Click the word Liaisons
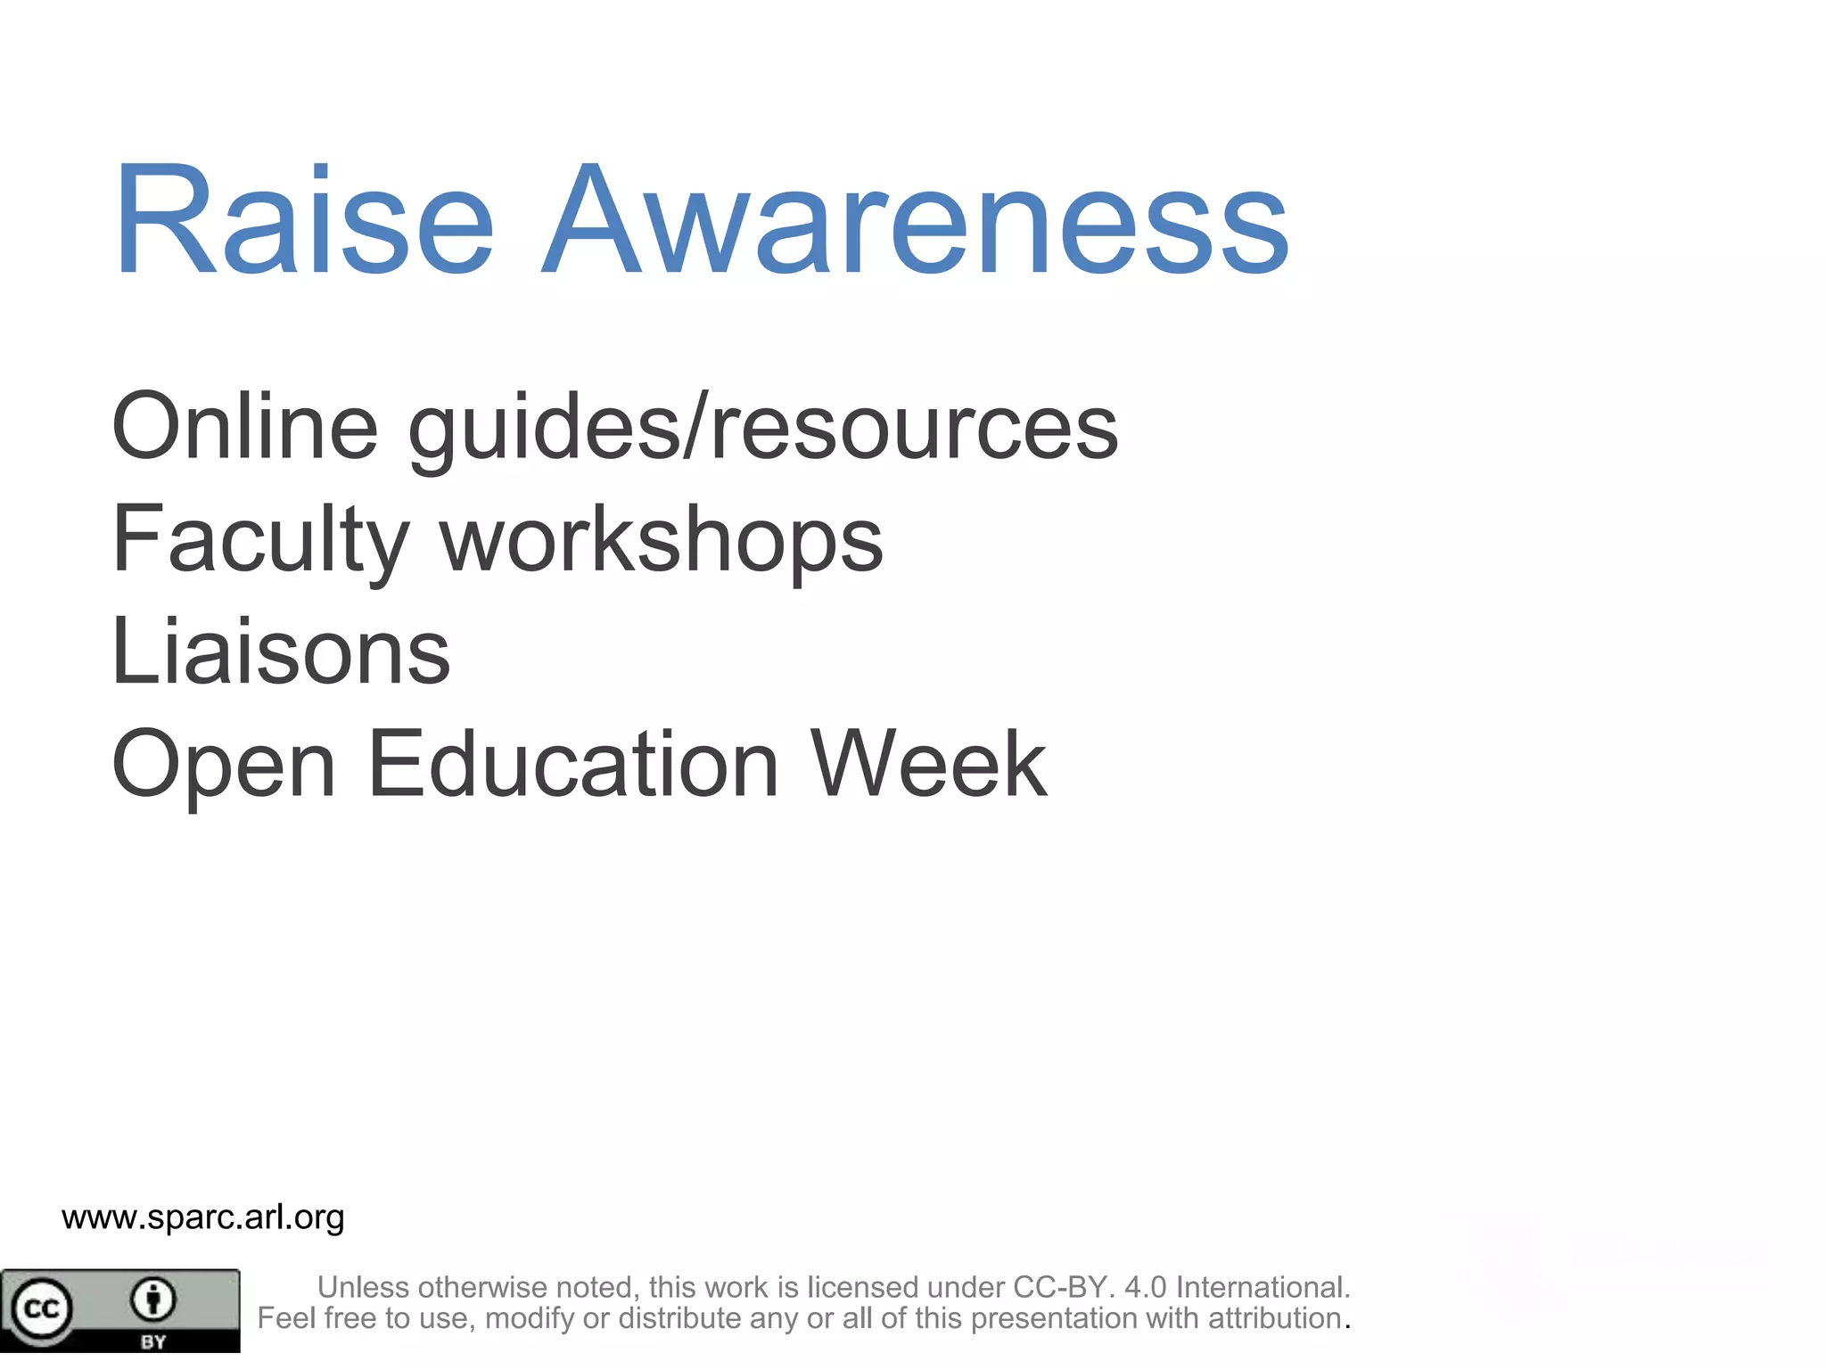point(281,652)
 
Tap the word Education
point(573,764)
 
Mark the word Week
point(928,764)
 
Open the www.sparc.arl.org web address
point(203,1217)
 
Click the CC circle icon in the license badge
point(40,1308)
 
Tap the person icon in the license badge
point(153,1299)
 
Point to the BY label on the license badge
point(153,1341)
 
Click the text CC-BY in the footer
point(1062,1287)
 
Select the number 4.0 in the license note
point(1145,1287)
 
